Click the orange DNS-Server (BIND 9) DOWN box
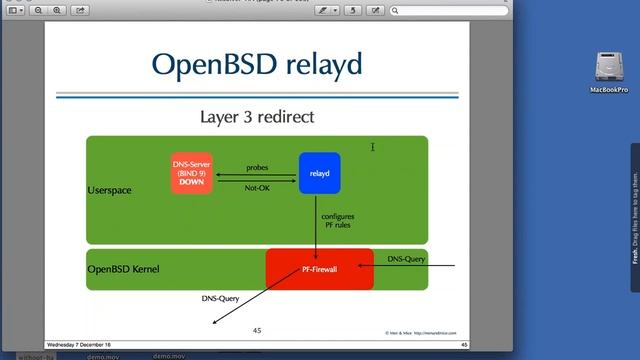192,173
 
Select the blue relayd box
319,173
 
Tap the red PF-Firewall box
319,269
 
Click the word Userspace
109,189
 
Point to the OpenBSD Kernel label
123,269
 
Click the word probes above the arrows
257,168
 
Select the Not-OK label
257,187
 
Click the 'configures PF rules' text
337,220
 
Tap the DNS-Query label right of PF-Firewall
406,259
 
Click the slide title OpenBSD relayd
257,64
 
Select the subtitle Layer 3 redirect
257,117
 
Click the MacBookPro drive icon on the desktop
608,69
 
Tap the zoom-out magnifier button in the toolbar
37,10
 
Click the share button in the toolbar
80,10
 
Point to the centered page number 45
257,329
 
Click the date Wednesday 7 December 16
83,345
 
